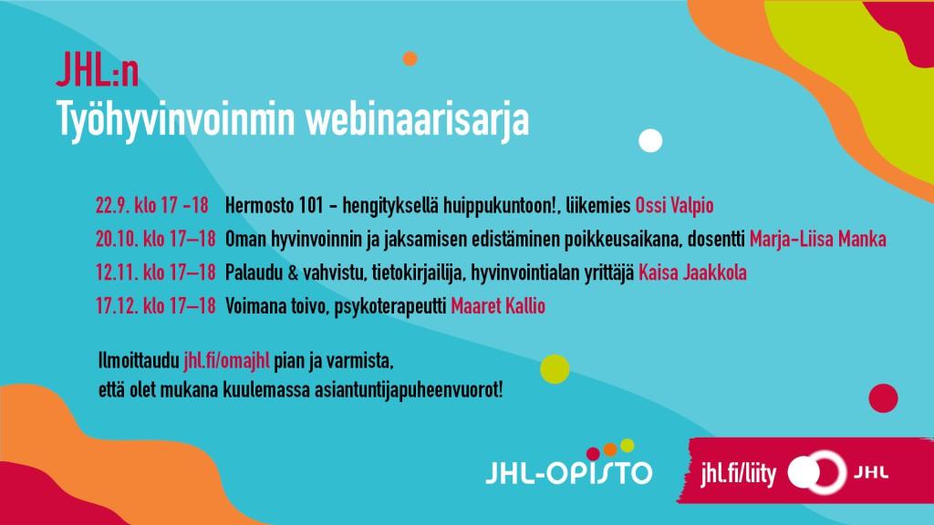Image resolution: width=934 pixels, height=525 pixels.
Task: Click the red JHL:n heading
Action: (x=98, y=69)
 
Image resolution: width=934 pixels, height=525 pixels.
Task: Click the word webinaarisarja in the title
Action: (x=417, y=121)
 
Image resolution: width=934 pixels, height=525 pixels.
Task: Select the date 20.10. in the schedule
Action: (x=117, y=240)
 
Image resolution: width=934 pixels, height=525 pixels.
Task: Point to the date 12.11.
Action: (x=116, y=273)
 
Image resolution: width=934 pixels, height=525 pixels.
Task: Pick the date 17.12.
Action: (x=116, y=306)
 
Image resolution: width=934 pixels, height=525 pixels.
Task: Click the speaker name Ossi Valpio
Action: (x=674, y=206)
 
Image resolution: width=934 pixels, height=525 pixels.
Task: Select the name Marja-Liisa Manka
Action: (x=818, y=240)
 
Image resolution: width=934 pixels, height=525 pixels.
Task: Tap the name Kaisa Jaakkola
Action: (x=692, y=273)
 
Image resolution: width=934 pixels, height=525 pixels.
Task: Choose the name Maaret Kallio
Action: (x=498, y=306)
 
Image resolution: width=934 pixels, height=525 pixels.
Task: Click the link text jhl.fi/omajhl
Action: (x=226, y=361)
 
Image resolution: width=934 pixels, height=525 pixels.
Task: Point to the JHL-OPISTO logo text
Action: (x=569, y=472)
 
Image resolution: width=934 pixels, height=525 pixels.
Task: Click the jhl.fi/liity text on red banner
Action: (x=739, y=474)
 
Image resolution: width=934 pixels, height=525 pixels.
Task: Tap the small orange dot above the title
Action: (x=410, y=58)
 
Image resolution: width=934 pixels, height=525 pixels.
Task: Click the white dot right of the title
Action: (x=650, y=140)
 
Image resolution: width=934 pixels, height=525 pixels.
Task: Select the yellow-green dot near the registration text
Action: (x=555, y=369)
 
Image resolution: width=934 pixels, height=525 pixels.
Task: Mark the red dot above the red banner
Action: (x=883, y=397)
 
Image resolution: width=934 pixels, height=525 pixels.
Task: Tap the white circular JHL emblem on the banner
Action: (x=817, y=473)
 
